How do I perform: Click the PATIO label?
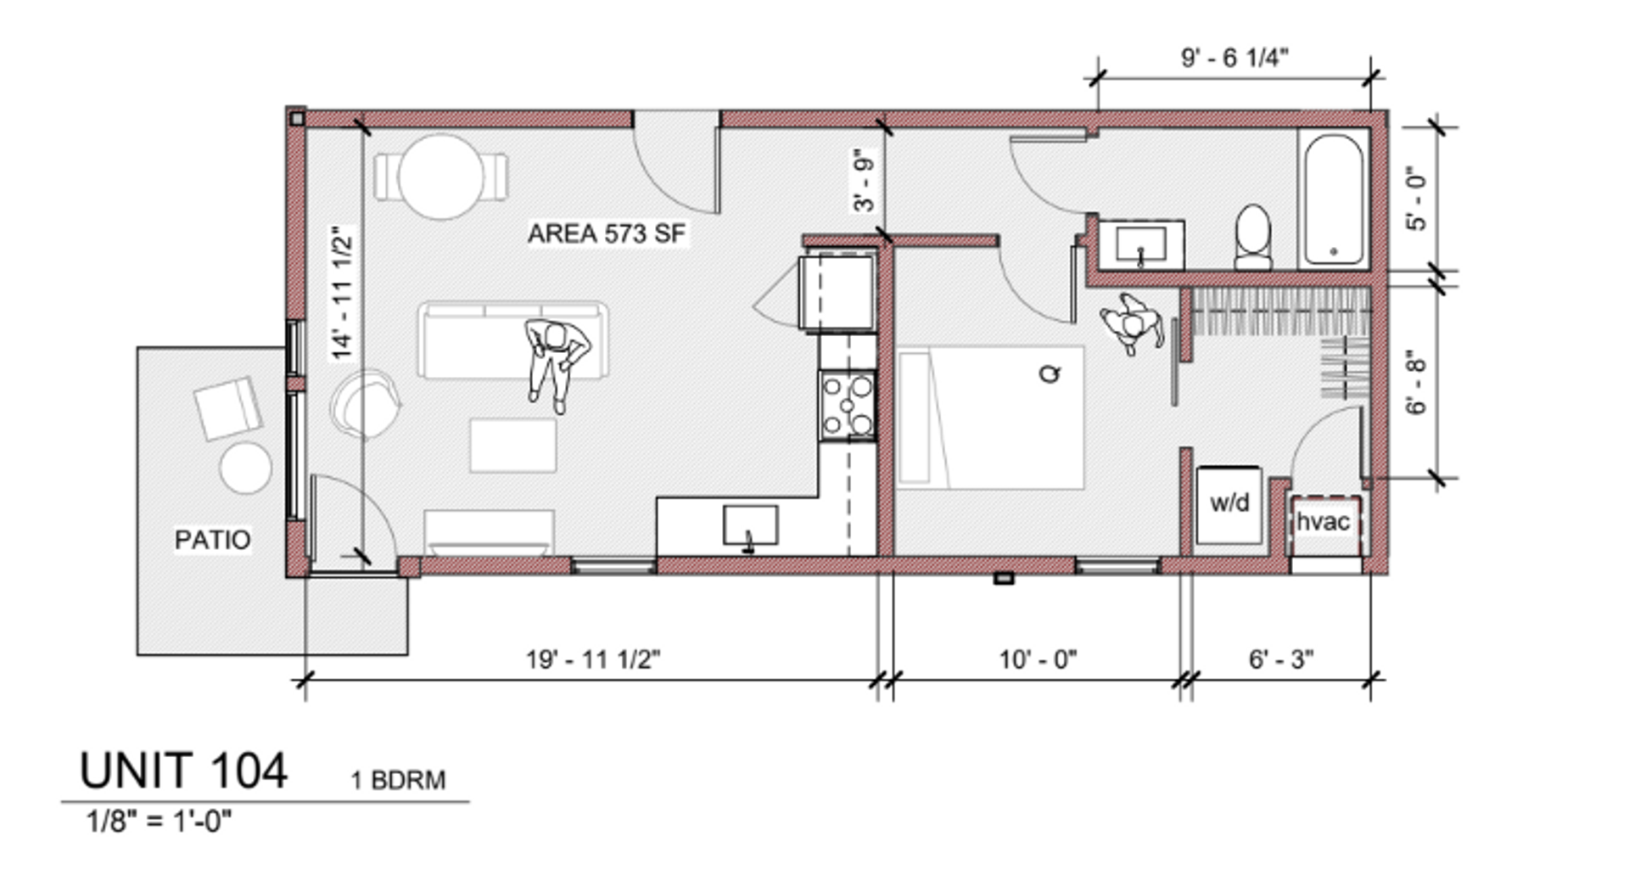212,540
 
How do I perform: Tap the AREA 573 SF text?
607,233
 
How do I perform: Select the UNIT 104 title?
183,771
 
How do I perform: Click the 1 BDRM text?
398,780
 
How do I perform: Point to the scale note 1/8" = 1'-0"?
159,821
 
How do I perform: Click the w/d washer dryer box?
1229,504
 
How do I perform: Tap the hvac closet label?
1323,521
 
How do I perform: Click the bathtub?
1333,199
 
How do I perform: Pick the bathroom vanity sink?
1141,244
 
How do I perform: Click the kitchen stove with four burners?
848,405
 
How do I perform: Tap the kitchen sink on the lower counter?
750,526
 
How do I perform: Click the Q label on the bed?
1050,373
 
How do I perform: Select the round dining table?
440,177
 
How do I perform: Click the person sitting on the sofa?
556,362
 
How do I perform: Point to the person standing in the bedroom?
1132,323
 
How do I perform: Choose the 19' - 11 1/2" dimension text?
593,659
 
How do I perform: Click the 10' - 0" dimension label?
1038,659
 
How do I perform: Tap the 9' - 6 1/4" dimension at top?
1234,58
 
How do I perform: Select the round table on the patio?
246,468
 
